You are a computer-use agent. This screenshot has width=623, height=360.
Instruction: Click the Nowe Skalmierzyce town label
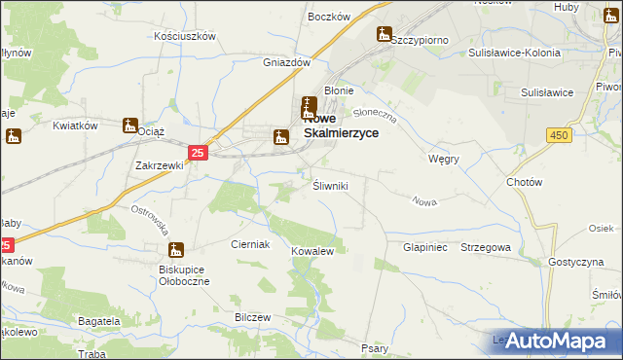point(341,127)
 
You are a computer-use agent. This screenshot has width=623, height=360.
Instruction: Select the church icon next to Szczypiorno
point(385,35)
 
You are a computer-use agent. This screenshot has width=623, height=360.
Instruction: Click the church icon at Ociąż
point(130,126)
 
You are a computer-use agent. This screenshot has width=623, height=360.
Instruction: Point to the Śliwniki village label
point(329,185)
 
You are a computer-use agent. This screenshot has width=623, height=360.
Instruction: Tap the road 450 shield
point(558,134)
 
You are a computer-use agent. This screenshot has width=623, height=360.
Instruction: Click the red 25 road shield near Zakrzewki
point(198,153)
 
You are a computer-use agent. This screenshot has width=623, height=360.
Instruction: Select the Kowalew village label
point(312,251)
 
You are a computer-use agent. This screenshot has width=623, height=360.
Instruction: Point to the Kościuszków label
point(185,36)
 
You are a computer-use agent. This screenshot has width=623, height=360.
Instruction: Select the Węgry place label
point(443,158)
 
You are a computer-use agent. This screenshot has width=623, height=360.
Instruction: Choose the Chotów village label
point(524,182)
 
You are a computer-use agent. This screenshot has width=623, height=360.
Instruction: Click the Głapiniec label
point(424,248)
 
